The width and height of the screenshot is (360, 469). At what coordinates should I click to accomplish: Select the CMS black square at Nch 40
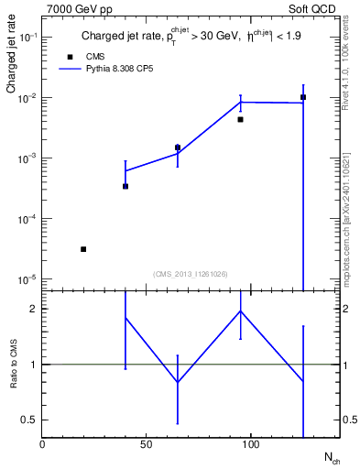pyautogui.click(x=125, y=186)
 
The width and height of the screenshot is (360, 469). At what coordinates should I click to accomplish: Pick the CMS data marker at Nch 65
pyautogui.click(x=178, y=147)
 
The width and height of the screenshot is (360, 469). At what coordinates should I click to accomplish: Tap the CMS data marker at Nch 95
pyautogui.click(x=240, y=119)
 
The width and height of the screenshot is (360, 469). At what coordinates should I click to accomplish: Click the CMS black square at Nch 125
pyautogui.click(x=303, y=97)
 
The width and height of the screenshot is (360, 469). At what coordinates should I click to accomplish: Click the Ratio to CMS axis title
pyautogui.click(x=14, y=364)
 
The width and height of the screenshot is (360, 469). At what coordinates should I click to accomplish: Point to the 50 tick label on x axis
pyautogui.click(x=146, y=444)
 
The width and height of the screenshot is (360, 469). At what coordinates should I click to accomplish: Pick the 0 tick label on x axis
pyautogui.click(x=42, y=444)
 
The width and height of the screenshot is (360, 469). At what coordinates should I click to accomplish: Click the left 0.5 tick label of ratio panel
pyautogui.click(x=27, y=420)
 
